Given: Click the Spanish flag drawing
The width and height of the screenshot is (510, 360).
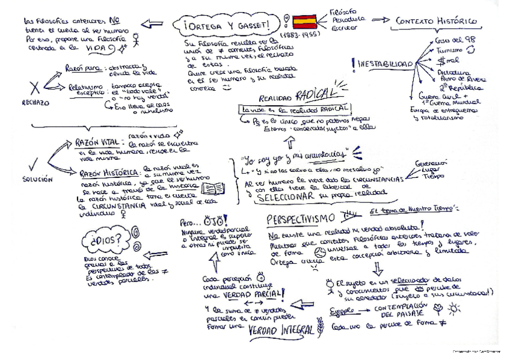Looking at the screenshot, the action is [x=304, y=23].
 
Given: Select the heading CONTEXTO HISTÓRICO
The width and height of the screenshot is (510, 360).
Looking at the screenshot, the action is [x=437, y=22].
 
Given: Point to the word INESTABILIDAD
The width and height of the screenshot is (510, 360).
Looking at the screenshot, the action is [x=386, y=64].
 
